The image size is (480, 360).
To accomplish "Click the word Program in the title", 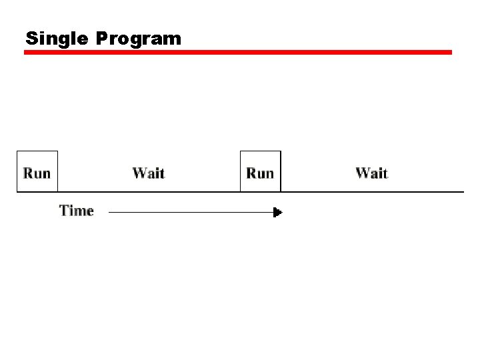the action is [138, 39].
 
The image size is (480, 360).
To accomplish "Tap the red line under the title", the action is [238, 52].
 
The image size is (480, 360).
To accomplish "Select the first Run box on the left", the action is [37, 172].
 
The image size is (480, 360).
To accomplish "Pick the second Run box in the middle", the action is [261, 172].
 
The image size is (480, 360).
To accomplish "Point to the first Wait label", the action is [149, 173].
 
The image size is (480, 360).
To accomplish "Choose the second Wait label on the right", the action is [372, 173].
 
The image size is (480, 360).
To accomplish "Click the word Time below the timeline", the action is [77, 211].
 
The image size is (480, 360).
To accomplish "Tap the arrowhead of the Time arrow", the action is [278, 213].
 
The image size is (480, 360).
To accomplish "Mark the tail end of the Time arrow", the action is [110, 213].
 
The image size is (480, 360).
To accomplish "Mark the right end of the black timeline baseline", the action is [462, 192].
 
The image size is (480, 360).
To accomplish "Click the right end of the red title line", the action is [450, 52].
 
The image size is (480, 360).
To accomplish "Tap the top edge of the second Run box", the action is [261, 152].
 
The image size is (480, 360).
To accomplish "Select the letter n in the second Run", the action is [269, 174].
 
